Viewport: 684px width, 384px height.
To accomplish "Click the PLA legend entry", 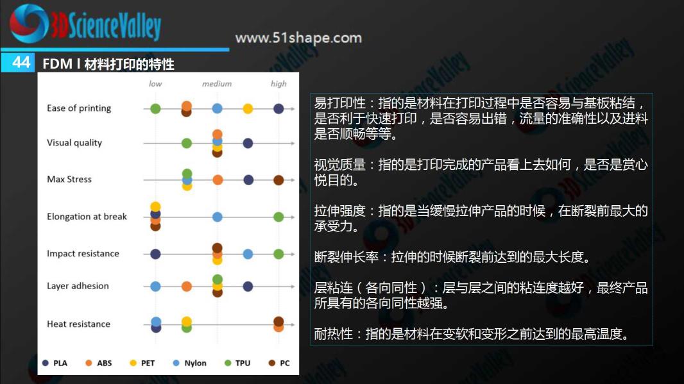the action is [55, 363].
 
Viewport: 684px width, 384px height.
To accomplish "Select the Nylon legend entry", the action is [190, 363].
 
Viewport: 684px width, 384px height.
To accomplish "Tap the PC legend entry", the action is [279, 363].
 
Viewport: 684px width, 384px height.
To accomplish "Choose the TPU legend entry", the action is [237, 363].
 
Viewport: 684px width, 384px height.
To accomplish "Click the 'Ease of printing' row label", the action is [79, 108].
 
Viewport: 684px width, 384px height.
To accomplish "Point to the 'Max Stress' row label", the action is [69, 179].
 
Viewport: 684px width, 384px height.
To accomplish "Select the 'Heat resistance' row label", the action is [78, 324].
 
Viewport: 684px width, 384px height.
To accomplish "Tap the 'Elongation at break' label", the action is [87, 217].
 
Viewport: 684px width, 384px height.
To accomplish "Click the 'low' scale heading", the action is [155, 84].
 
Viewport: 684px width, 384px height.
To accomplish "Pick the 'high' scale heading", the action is [278, 84].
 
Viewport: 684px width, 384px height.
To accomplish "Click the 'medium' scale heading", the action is [217, 84].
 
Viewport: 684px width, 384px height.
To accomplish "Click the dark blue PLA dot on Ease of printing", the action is [278, 108].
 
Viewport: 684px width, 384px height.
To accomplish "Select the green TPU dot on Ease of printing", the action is [155, 108].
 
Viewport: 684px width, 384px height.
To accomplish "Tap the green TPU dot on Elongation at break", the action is [278, 217].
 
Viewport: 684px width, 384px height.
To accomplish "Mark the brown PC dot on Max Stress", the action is [278, 180].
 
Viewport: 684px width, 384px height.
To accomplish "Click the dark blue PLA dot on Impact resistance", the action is [155, 254].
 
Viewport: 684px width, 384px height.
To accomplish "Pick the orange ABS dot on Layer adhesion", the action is [187, 287].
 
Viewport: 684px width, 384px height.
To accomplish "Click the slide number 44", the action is [21, 62].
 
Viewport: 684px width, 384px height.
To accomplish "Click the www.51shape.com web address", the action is [298, 38].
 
